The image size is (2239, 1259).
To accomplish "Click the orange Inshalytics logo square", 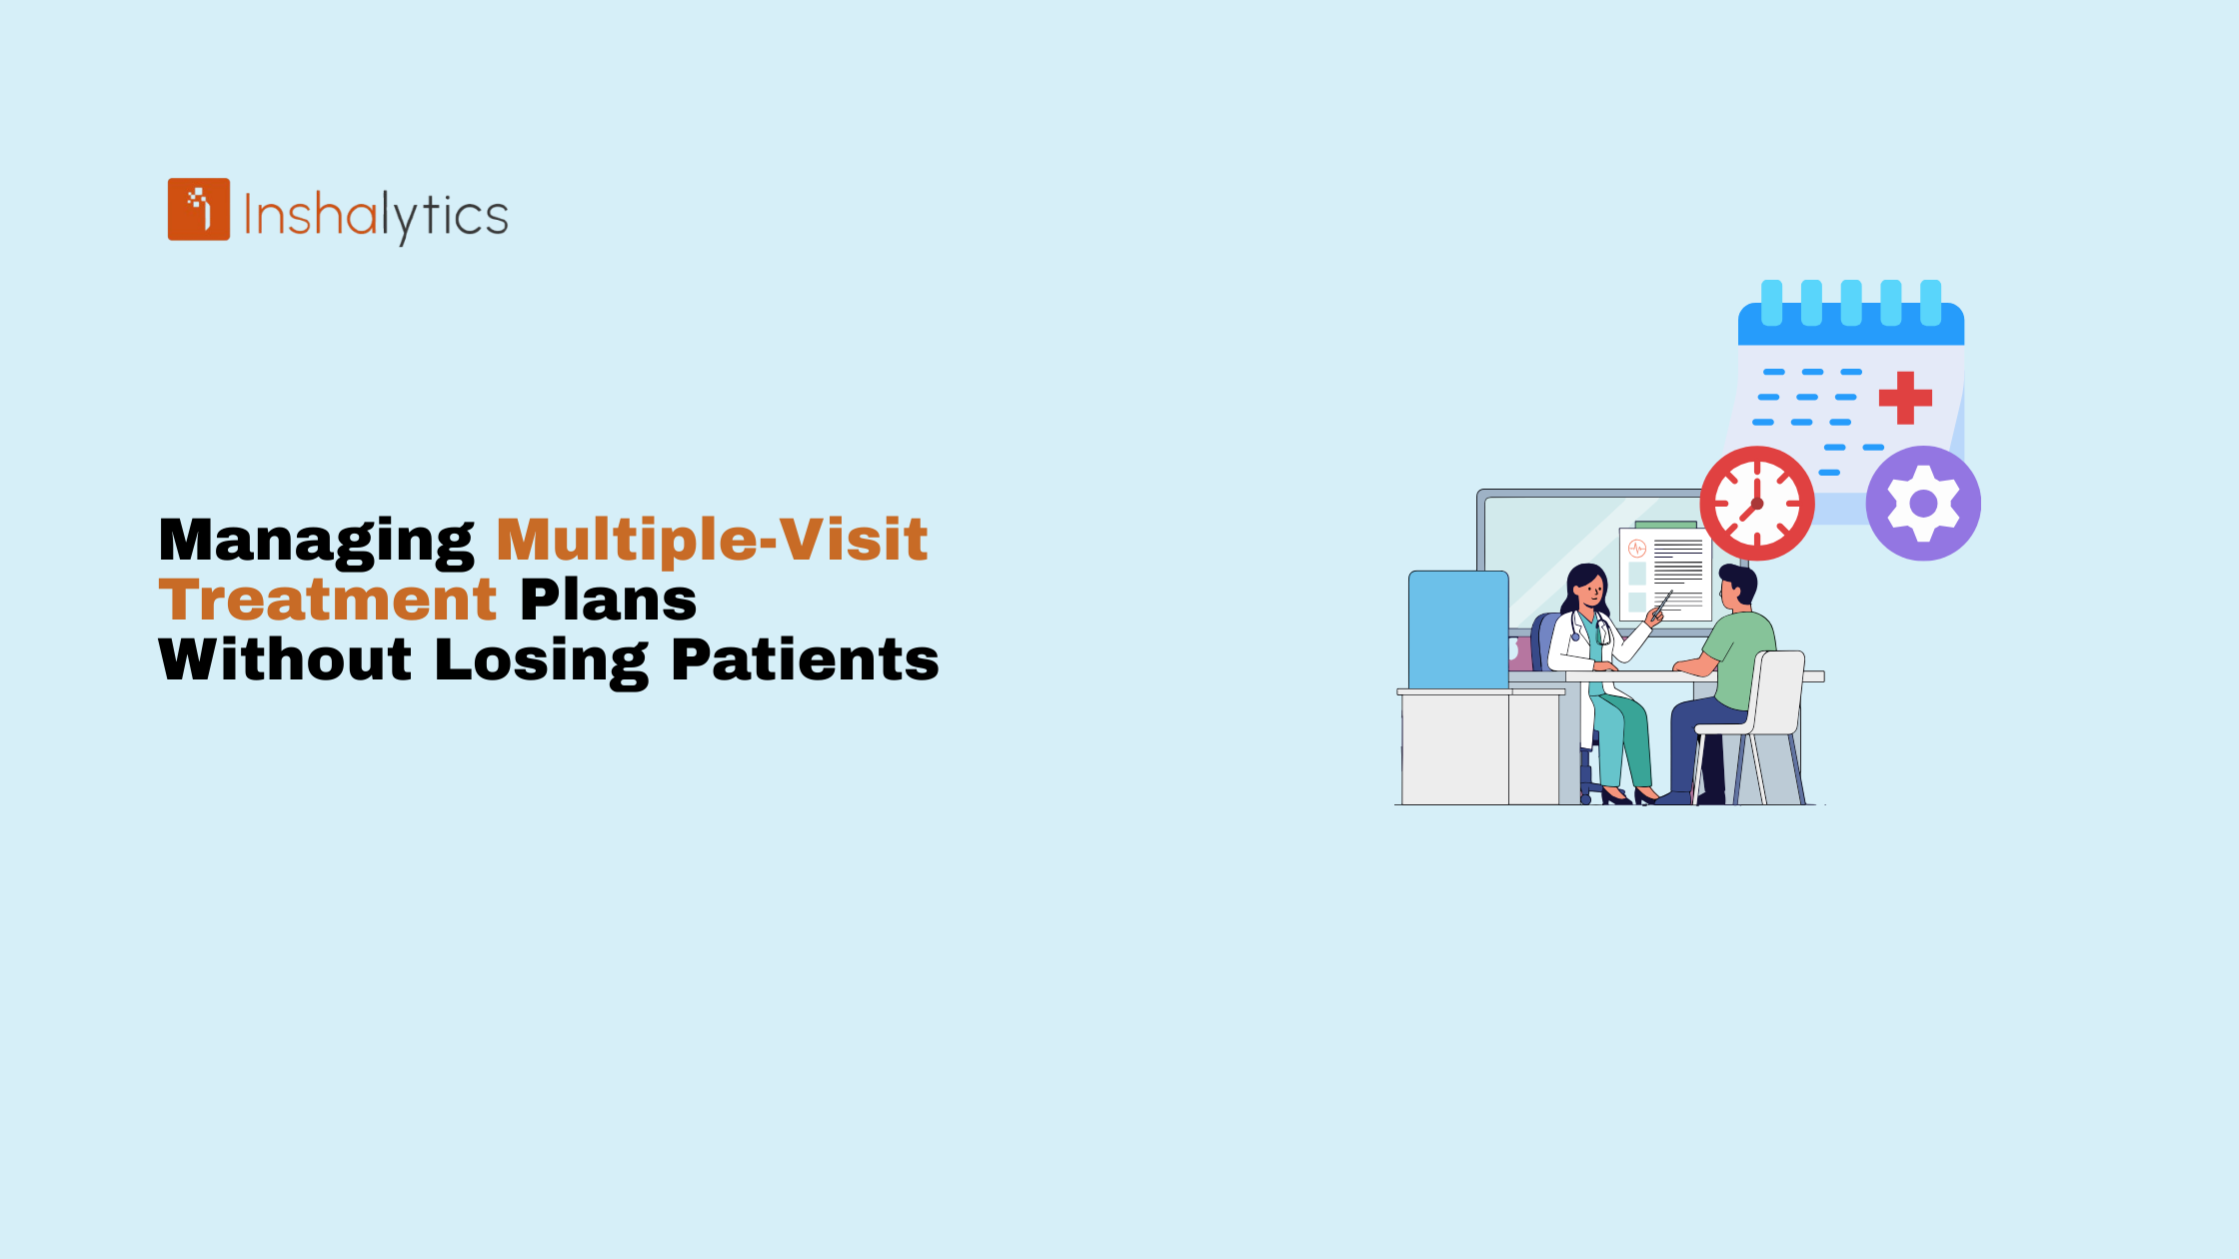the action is [199, 210].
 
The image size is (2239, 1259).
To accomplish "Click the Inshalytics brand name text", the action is [376, 215].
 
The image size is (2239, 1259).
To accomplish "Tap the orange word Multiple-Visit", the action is [713, 541].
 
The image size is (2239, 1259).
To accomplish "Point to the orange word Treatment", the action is [328, 600].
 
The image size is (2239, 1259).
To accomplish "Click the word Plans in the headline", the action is [609, 600].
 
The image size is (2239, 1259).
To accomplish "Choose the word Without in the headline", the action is [285, 659].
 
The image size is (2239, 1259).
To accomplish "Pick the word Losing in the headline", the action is [542, 661].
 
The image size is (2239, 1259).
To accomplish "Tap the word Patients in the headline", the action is [806, 659].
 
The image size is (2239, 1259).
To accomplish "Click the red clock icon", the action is [1757, 504].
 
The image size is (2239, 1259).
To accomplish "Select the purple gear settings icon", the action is [1923, 504].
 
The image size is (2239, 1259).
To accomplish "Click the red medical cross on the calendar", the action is [1905, 398].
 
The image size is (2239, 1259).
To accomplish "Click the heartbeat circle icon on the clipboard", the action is [1637, 548].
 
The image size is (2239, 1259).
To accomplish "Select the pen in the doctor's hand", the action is [1663, 603].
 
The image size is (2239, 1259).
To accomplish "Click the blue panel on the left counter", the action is [1458, 629].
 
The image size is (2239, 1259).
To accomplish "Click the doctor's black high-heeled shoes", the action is [1629, 796].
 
